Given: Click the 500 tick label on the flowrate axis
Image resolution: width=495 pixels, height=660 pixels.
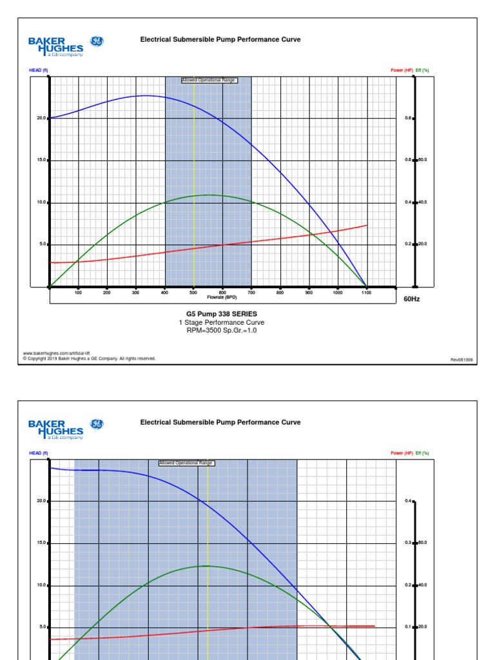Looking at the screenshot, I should (193, 293).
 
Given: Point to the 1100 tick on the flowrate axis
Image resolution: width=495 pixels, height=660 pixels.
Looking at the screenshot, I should (367, 293).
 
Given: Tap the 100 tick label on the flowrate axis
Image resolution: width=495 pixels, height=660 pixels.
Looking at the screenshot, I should (78, 293).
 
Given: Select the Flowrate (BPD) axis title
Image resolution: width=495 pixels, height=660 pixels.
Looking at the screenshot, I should (222, 297).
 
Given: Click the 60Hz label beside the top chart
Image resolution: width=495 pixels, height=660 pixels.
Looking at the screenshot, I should (411, 299).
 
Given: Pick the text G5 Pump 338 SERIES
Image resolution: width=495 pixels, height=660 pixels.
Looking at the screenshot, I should (221, 314).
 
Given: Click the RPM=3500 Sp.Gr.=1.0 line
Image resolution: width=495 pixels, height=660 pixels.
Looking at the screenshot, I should (221, 330).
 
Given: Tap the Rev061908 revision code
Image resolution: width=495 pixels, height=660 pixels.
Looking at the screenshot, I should (461, 359).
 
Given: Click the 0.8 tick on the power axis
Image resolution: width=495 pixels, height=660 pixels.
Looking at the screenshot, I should (408, 119).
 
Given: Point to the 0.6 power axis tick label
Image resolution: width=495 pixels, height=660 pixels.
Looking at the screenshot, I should (408, 160).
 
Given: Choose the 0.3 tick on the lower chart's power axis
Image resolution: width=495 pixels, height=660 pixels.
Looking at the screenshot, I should (408, 543).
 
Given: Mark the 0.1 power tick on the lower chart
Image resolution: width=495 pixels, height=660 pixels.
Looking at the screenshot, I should (408, 626).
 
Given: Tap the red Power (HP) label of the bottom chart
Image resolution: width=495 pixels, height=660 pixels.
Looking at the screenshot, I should (402, 453).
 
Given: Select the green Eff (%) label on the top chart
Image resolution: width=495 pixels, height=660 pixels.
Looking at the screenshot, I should (423, 70).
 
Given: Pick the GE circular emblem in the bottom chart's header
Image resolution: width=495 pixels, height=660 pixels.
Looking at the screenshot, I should (97, 424).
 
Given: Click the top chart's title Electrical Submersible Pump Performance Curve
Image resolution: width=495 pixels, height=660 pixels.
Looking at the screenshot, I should (220, 40).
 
